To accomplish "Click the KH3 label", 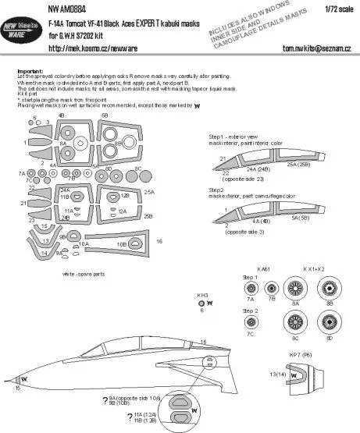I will [201, 294].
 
